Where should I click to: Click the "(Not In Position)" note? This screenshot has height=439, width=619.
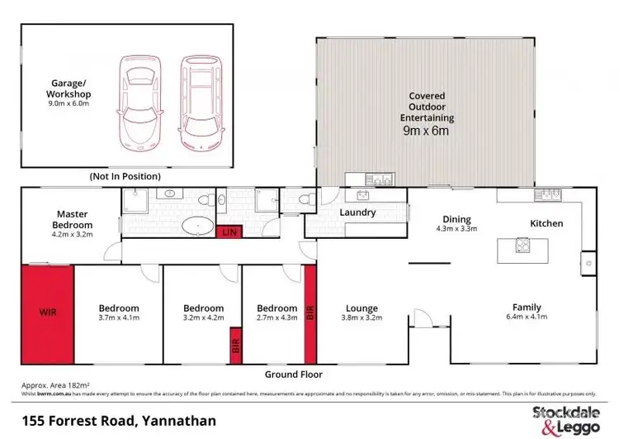pyautogui.click(x=125, y=176)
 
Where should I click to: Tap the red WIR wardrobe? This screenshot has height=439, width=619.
pyautogui.click(x=48, y=314)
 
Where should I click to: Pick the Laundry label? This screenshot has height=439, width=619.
pyautogui.click(x=358, y=212)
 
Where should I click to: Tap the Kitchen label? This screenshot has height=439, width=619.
pyautogui.click(x=546, y=223)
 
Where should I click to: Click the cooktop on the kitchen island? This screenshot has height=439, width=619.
pyautogui.click(x=522, y=245)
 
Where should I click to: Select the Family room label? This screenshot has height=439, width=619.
pyautogui.click(x=527, y=307)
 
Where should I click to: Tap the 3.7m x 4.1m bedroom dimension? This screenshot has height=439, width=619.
pyautogui.click(x=118, y=317)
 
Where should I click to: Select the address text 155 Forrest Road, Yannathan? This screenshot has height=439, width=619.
pyautogui.click(x=119, y=421)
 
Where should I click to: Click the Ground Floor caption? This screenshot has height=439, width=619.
pyautogui.click(x=293, y=374)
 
